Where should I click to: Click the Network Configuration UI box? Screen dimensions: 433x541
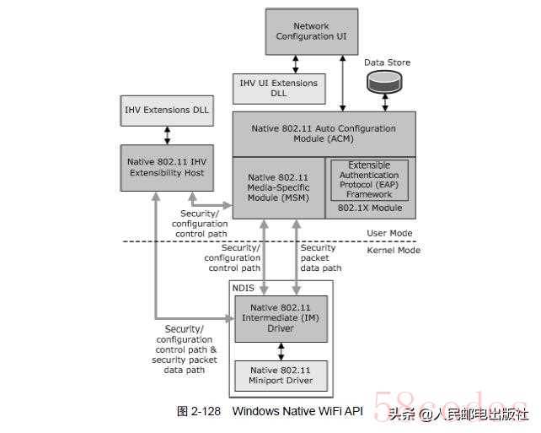point(311,32)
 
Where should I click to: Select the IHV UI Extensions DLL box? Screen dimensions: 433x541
point(278,89)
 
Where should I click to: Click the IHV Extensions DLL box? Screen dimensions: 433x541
point(166,110)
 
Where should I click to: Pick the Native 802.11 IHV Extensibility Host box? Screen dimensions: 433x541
point(166,167)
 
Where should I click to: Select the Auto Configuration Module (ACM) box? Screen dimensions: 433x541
point(324,133)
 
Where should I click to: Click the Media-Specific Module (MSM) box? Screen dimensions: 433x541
point(277,187)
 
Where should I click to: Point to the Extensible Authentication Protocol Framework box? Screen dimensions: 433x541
point(369,180)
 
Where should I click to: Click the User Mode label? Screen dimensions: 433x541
point(394,233)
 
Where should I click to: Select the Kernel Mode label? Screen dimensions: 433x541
point(394,251)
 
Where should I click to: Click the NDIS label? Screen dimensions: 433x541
point(244,289)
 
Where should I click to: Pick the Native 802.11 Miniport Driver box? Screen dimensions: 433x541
point(281,376)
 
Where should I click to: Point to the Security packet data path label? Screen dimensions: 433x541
point(321,258)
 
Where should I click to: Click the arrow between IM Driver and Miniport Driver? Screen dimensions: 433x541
point(281,350)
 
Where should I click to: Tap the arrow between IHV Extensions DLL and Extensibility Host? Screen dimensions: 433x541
point(167,133)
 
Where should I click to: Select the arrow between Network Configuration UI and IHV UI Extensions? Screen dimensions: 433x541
point(295,62)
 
